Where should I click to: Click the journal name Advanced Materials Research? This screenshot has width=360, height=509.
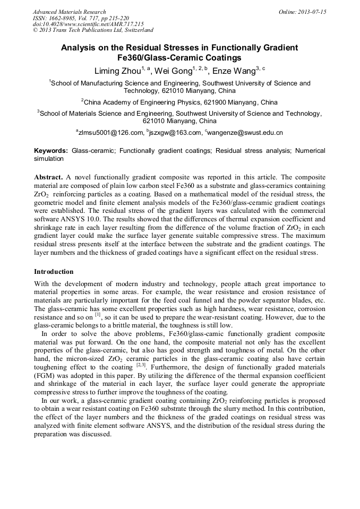pos(69,12)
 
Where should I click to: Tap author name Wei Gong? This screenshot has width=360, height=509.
pos(173,71)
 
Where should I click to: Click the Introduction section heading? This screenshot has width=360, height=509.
pos(54,272)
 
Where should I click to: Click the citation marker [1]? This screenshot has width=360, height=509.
pos(98,314)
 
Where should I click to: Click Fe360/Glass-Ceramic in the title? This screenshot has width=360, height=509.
pos(155,58)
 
